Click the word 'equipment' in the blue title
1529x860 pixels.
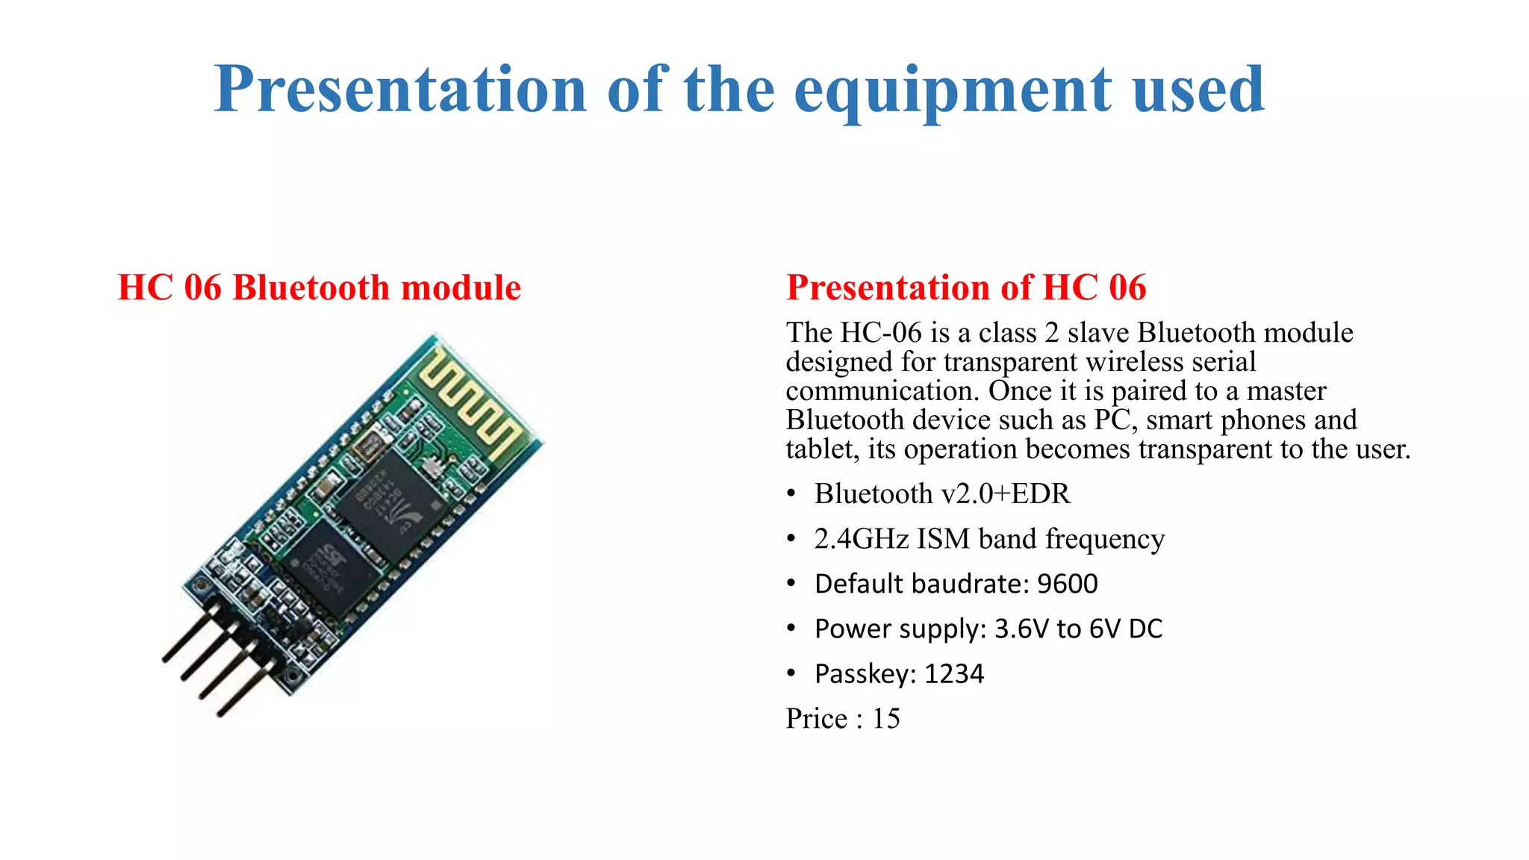[x=953, y=91]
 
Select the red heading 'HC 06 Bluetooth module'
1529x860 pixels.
[x=320, y=288]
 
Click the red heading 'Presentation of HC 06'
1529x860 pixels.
[x=966, y=288]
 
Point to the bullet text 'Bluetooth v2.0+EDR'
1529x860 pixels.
[x=942, y=494]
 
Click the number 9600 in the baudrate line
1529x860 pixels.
[x=1068, y=584]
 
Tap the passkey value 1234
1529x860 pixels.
[x=954, y=674]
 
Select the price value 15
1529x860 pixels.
[x=886, y=719]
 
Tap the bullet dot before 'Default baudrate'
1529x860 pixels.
[x=791, y=584]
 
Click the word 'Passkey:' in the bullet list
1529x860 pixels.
[x=865, y=674]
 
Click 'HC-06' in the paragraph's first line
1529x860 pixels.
[x=881, y=333]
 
